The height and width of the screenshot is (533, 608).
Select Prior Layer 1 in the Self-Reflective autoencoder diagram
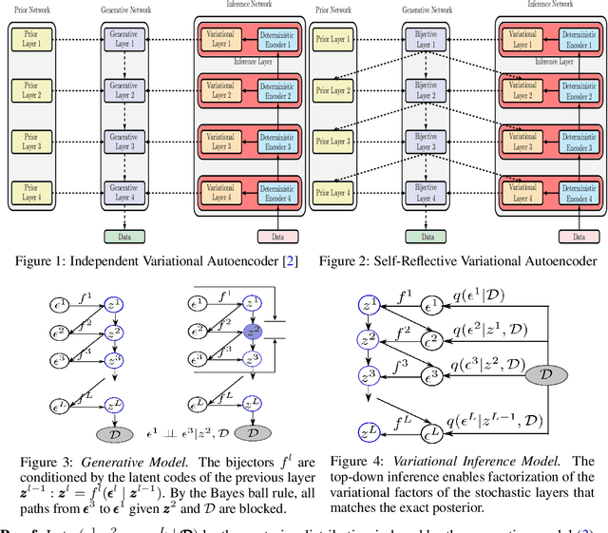click(x=332, y=40)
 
